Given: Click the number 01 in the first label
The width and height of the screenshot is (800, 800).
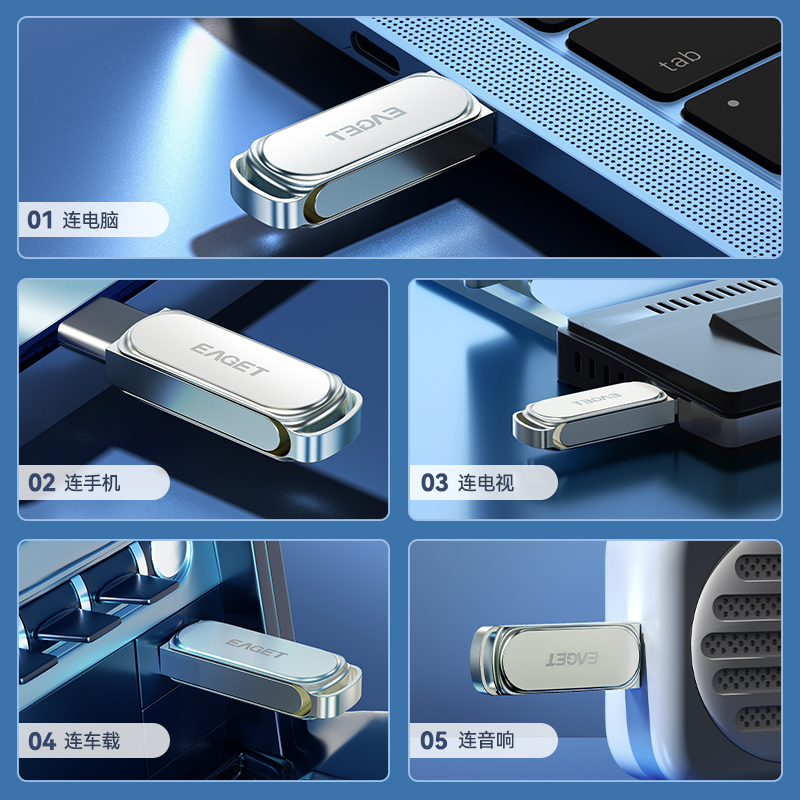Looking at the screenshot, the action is [40, 220].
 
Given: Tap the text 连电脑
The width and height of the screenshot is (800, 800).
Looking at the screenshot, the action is [90, 220].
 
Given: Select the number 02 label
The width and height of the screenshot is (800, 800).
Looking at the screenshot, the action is [41, 483].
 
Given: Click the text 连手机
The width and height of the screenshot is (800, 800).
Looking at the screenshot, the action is [92, 483].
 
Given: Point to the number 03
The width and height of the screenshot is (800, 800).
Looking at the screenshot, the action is [434, 483].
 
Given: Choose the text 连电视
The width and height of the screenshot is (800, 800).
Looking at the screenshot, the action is [486, 483].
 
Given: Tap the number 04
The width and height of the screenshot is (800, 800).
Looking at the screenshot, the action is [42, 741].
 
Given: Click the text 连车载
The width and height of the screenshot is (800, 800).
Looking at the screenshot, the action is [92, 741].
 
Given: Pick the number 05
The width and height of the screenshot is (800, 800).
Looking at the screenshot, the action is [434, 741].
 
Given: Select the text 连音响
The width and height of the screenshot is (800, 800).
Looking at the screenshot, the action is [486, 740].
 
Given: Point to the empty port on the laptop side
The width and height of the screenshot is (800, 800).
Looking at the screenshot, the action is [375, 53].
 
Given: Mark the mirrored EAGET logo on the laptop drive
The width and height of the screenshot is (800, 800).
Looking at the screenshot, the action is [366, 124].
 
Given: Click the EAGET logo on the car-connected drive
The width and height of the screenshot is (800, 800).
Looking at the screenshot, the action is [256, 648].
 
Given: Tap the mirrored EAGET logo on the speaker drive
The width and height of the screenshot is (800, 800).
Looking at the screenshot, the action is [571, 659].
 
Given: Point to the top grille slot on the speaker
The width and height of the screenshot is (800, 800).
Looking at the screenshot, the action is [760, 566].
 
